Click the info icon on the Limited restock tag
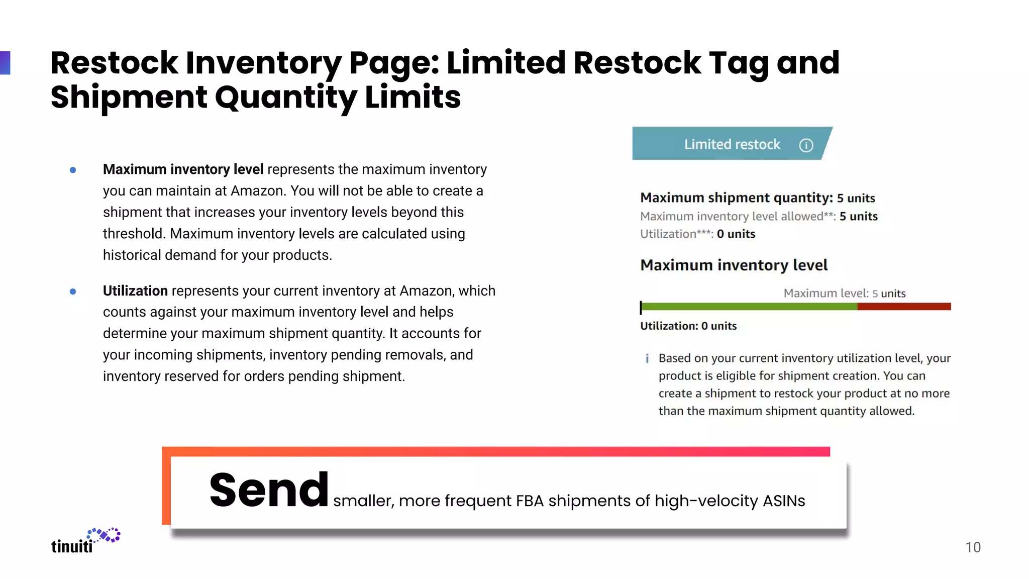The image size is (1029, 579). point(806,145)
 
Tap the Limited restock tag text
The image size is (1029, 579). point(732,145)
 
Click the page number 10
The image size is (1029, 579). point(973,547)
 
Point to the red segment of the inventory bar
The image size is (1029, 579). point(904,307)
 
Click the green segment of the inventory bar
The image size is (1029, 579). point(749,307)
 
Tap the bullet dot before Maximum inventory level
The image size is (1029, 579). point(73,170)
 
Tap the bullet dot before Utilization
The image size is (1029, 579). point(73,292)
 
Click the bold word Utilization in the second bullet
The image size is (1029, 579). point(135,291)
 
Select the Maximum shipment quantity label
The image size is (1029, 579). point(736,198)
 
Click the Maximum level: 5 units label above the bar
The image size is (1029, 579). point(844,294)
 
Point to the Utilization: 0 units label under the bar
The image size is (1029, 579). point(688,326)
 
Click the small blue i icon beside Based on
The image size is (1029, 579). point(647,358)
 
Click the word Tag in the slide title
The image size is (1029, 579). point(739,63)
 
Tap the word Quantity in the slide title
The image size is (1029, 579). point(286,98)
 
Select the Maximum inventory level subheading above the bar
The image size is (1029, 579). point(734,265)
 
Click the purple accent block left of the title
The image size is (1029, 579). point(5,63)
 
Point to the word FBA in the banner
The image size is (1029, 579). point(530,501)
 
